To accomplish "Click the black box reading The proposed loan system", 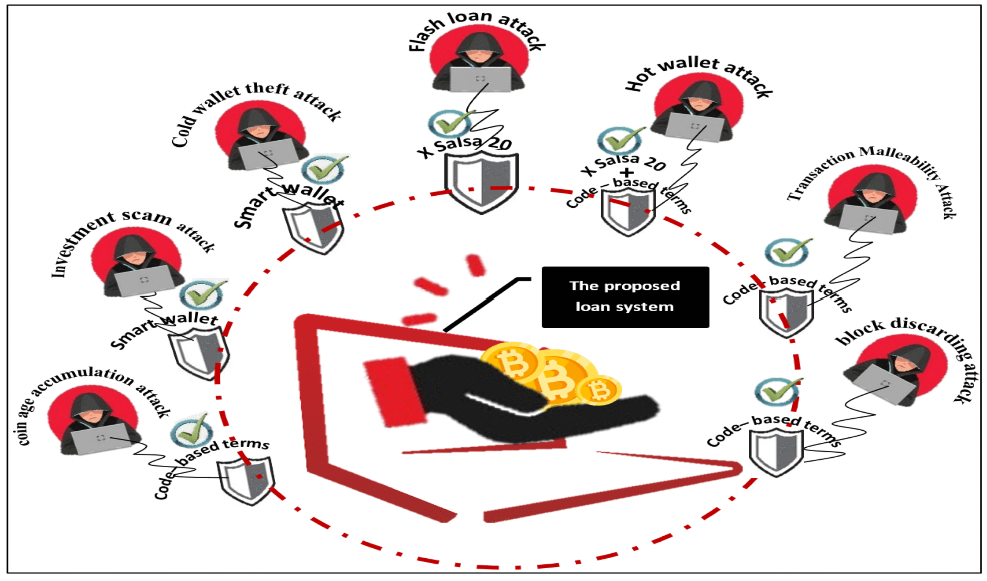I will (x=625, y=297).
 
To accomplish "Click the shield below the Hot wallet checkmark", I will (x=628, y=212).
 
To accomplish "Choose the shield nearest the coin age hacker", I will (x=246, y=481).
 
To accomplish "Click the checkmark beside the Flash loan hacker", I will (x=450, y=123).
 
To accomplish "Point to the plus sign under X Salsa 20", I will (x=627, y=172).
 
